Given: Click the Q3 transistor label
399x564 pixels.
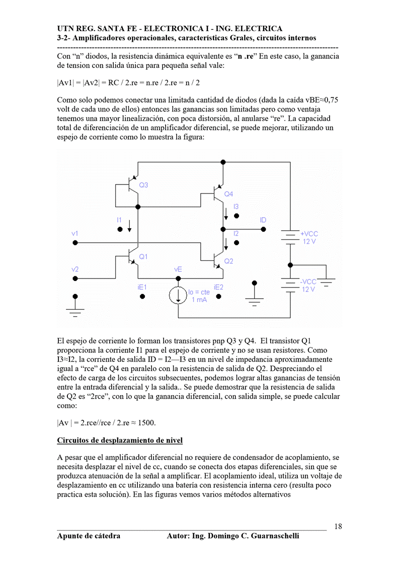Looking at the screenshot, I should click(x=143, y=185).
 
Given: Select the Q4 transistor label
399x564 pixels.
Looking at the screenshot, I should click(x=228, y=194).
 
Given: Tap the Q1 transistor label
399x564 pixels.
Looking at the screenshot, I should click(x=143, y=257).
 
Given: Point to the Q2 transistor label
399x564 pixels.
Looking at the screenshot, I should click(x=228, y=261).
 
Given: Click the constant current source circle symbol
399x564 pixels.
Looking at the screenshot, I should click(x=178, y=296).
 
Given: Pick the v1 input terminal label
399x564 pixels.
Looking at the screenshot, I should click(x=75, y=234).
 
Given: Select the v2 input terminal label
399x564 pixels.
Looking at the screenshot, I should click(x=75, y=270).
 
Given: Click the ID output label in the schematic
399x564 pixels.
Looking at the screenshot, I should click(x=263, y=221).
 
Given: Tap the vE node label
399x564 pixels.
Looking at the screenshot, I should click(x=178, y=270).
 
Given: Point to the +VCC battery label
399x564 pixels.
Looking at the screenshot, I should click(x=309, y=234).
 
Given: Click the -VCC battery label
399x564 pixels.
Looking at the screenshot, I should click(x=308, y=282).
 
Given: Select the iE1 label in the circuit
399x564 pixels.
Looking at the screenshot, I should click(x=142, y=287).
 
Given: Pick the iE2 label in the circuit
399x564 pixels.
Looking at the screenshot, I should click(x=218, y=287).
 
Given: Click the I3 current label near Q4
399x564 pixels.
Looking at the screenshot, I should click(x=236, y=207).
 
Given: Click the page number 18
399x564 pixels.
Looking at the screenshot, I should click(x=338, y=526).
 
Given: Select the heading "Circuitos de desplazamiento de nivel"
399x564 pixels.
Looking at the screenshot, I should click(x=120, y=441).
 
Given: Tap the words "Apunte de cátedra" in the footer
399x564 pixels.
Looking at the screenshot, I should click(x=89, y=536).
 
